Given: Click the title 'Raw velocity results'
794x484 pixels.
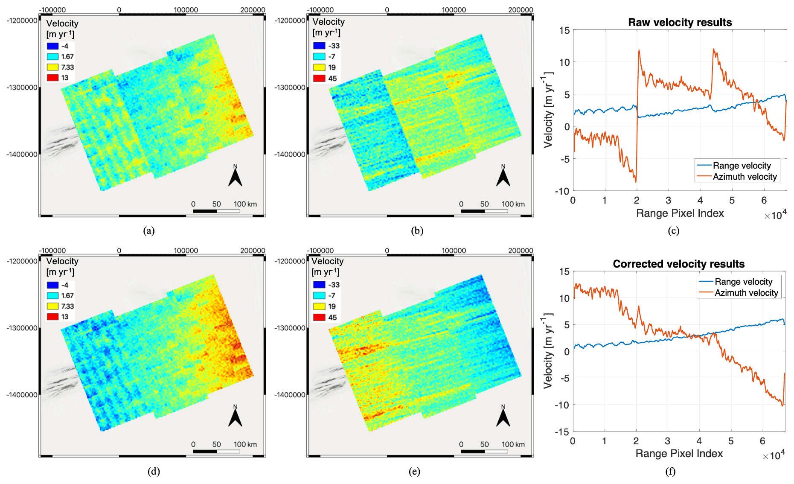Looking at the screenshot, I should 680,23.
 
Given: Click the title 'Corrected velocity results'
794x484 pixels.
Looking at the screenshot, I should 678,264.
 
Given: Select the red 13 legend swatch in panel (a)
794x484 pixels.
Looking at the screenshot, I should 52,78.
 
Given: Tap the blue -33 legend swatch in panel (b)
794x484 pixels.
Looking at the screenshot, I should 319,46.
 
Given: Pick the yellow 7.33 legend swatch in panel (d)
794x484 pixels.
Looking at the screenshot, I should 52,306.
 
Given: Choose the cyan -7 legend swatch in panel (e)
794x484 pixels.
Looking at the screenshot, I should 319,295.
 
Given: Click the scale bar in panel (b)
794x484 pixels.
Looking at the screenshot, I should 484,211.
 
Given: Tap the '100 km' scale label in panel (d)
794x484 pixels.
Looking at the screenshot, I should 245,444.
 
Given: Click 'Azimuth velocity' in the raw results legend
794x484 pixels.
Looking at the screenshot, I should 745,177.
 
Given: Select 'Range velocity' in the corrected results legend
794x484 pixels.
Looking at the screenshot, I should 743,282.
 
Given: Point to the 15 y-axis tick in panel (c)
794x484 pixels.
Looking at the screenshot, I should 564,30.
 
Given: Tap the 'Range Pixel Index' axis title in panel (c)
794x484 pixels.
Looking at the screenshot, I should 680,213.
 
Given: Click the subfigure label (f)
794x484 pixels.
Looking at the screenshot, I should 670,471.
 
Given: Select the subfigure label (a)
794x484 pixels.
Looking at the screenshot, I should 149,231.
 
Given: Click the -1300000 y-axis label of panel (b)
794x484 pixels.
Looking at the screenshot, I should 290,87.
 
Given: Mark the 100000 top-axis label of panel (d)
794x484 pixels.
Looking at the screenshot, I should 186,251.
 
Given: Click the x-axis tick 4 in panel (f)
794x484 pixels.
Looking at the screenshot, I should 699,441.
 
